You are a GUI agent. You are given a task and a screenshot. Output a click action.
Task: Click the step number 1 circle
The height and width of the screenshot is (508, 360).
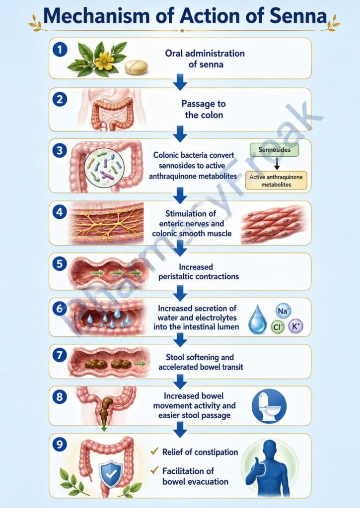pos(60,50)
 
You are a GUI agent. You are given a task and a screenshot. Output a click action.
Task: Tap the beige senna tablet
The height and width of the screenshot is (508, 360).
pos(136,67)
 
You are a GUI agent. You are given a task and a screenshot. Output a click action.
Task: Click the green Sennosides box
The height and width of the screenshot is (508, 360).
pos(275,150)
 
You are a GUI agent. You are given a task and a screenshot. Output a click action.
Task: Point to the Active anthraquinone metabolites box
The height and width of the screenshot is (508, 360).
pos(276,181)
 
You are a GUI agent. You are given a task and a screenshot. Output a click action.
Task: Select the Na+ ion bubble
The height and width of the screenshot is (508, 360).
pos(283,311)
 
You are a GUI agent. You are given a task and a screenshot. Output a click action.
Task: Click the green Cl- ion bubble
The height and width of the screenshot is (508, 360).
pos(277,327)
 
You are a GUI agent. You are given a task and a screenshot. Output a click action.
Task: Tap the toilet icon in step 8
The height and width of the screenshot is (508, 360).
pos(269,406)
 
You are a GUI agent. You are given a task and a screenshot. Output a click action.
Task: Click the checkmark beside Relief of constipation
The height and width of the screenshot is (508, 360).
pos(155,451)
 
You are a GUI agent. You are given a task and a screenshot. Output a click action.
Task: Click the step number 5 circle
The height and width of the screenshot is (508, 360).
pos(60,264)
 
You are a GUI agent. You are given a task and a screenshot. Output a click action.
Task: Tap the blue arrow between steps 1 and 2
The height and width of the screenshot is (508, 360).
pos(180,82)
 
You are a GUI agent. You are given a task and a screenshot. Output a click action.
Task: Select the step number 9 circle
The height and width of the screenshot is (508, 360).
pos(60,444)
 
